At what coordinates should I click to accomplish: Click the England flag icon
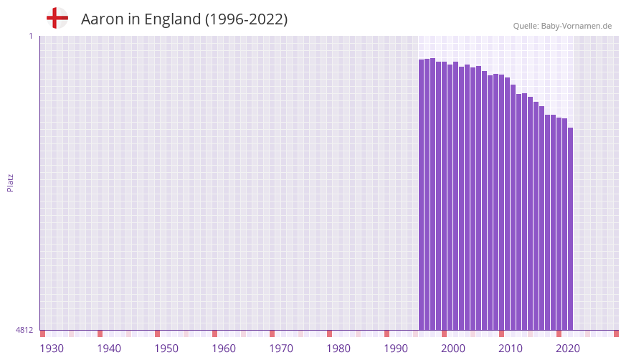click(57, 18)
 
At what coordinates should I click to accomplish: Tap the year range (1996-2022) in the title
click(246, 19)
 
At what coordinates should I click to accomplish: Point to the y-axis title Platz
click(10, 182)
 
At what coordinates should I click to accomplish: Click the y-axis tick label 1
click(30, 36)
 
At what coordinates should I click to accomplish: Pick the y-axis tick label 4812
click(24, 330)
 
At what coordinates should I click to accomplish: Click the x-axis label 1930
click(52, 349)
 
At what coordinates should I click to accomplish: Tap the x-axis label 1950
click(166, 349)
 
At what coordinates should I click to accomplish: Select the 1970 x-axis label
click(281, 349)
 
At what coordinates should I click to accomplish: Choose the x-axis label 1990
click(396, 349)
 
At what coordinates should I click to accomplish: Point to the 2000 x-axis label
click(453, 349)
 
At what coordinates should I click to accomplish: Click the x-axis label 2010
click(511, 349)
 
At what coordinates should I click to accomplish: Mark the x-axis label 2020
click(568, 349)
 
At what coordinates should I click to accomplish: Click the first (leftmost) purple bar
click(422, 194)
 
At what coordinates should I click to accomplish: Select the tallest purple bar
click(433, 194)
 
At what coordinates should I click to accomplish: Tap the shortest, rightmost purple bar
click(570, 229)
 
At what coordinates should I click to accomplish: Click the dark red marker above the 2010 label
click(502, 333)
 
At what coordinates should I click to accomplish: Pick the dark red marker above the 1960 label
click(215, 333)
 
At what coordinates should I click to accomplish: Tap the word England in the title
click(172, 19)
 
